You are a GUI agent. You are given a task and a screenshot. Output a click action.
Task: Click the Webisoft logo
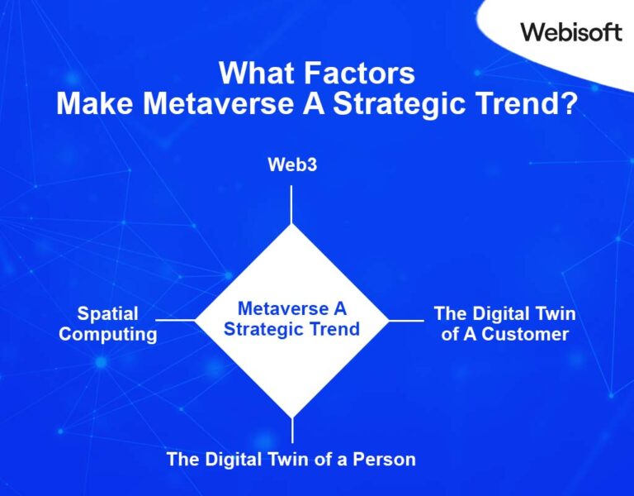(x=570, y=31)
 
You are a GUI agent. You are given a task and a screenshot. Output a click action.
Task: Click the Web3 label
(x=292, y=165)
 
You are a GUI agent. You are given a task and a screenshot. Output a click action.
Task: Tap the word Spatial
(x=107, y=314)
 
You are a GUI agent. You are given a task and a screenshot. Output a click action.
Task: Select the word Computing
(x=107, y=335)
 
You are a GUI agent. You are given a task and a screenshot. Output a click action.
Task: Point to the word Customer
(x=526, y=335)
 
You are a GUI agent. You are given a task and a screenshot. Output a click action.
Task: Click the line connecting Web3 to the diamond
(x=291, y=204)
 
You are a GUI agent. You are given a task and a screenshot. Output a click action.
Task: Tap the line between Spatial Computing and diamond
(x=175, y=320)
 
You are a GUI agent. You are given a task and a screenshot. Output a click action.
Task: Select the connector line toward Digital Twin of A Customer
(x=406, y=320)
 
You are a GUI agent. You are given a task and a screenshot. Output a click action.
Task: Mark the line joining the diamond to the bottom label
(x=291, y=431)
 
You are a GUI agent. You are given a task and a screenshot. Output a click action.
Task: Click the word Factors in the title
(x=358, y=74)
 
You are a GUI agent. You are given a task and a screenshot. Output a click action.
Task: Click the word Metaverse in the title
(x=219, y=105)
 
